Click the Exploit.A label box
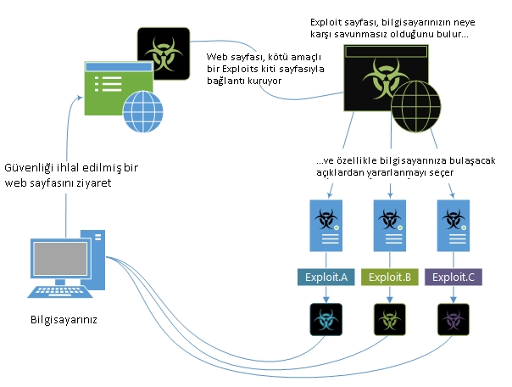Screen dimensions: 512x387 (x=326, y=277)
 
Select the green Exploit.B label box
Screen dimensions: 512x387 (x=390, y=277)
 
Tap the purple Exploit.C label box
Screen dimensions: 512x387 (x=454, y=277)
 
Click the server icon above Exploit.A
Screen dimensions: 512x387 (x=326, y=226)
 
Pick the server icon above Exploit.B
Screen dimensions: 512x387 (x=390, y=226)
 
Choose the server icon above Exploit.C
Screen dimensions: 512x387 (x=454, y=226)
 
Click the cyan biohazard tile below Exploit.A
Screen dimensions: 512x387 (x=326, y=319)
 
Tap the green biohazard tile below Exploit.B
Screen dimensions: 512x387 (x=390, y=319)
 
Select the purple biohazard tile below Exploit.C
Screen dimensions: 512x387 (x=454, y=319)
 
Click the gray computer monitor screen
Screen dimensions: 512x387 (x=60, y=259)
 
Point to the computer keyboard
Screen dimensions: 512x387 (x=59, y=292)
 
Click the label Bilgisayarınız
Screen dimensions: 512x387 (x=64, y=319)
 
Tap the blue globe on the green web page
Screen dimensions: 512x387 (x=142, y=111)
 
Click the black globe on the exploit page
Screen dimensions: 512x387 (x=415, y=106)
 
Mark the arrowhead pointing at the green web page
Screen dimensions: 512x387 (x=80, y=97)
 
